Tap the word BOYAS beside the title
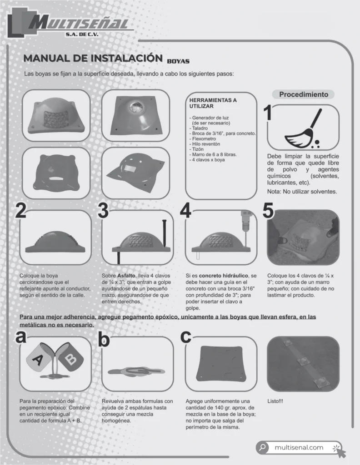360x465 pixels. pyautogui.click(x=178, y=61)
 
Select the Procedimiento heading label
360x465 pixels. pyautogui.click(x=303, y=94)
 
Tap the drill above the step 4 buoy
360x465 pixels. pyautogui.click(x=246, y=222)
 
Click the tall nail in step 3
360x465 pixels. pyautogui.click(x=165, y=234)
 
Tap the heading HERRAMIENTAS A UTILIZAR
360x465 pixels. pyautogui.click(x=213, y=103)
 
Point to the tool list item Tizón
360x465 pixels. pyautogui.click(x=198, y=149)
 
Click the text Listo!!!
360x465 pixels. pyautogui.click(x=275, y=401)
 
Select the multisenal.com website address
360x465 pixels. pyautogui.click(x=299, y=447)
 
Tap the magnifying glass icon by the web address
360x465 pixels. pyautogui.click(x=262, y=447)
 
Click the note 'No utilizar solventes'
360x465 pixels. pyautogui.click(x=302, y=192)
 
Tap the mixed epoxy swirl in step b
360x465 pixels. pyautogui.click(x=136, y=371)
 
